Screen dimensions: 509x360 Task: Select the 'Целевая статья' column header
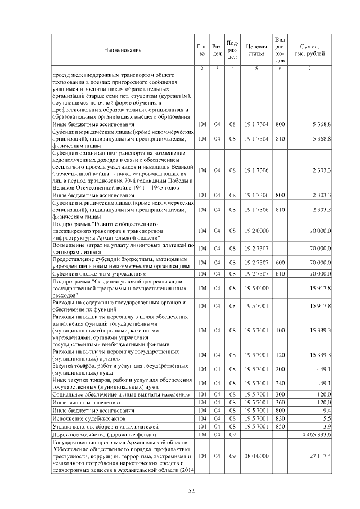click(x=255, y=49)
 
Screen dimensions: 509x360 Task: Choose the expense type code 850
click(x=281, y=427)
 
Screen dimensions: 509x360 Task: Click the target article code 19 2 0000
click(x=255, y=231)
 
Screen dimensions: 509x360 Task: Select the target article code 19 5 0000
click(x=255, y=287)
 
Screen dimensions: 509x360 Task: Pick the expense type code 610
click(x=281, y=274)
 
